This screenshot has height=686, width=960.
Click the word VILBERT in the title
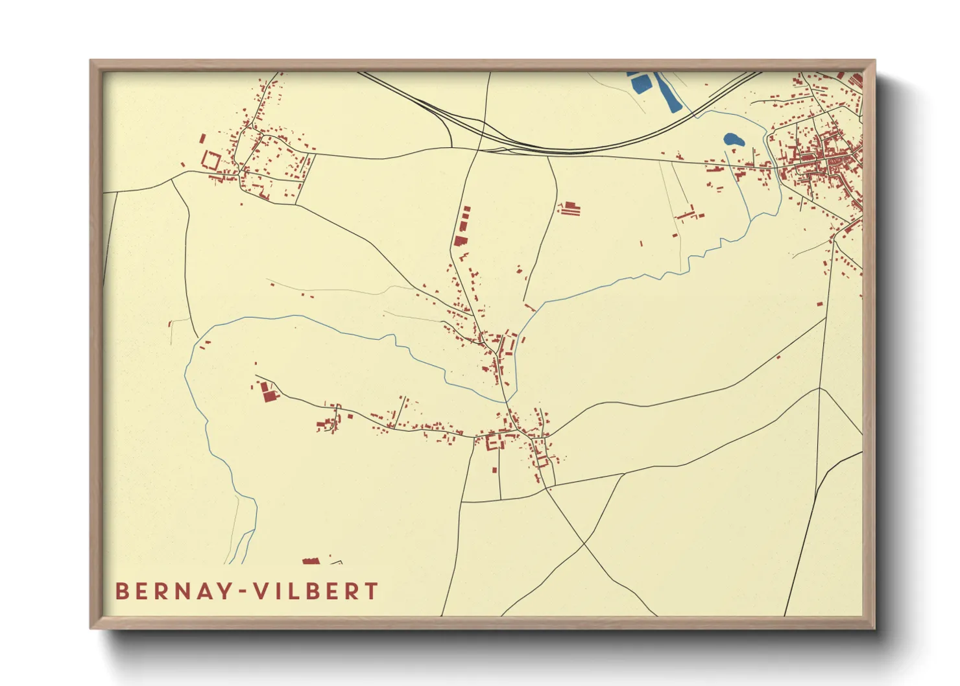[x=316, y=591]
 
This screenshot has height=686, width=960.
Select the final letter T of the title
[x=372, y=591]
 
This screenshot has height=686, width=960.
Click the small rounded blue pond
[x=733, y=139]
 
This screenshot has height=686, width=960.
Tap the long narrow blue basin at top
[x=665, y=91]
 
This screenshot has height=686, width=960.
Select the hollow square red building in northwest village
[x=211, y=160]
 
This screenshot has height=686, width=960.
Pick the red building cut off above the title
[x=311, y=561]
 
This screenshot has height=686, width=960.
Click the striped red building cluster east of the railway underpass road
[x=570, y=209]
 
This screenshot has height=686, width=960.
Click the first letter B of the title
[x=121, y=591]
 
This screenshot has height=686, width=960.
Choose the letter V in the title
[x=260, y=591]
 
